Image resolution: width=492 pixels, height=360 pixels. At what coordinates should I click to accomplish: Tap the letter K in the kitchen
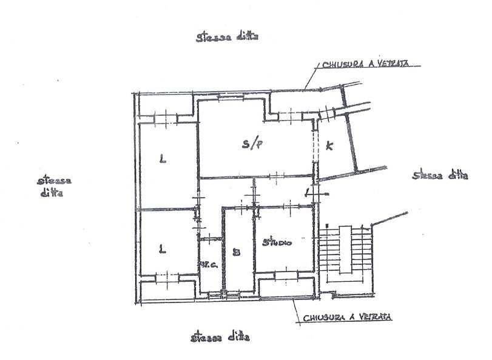[329, 145]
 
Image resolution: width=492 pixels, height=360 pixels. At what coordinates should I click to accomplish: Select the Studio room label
[277, 243]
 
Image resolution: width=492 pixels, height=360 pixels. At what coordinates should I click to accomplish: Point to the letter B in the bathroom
[237, 253]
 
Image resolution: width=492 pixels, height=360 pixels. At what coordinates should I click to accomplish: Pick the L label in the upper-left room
[162, 160]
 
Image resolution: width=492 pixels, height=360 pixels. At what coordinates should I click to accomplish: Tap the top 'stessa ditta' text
[227, 37]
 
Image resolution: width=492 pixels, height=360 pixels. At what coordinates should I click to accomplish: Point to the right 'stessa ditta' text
[440, 176]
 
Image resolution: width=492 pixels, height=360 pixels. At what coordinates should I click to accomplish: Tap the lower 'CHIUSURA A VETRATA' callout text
[347, 317]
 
